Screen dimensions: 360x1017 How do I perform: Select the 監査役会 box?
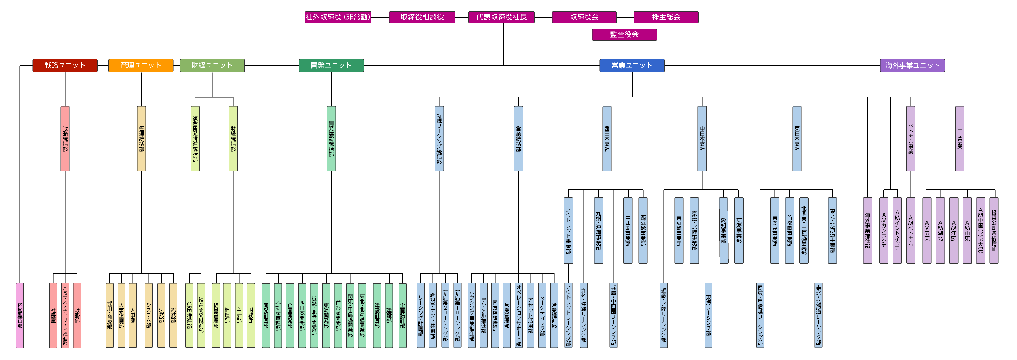click(624, 34)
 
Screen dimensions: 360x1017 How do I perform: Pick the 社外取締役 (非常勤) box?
click(338, 17)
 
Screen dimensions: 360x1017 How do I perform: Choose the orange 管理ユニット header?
click(141, 65)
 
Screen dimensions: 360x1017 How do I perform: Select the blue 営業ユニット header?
click(632, 65)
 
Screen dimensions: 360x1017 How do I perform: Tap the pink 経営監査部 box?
click(20, 315)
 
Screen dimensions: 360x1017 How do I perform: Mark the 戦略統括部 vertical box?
click(65, 139)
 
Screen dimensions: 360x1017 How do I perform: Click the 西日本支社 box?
click(607, 139)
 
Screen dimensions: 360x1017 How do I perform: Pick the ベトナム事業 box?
click(910, 139)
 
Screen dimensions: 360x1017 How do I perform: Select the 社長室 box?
click(53, 315)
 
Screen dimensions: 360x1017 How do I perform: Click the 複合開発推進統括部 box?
click(195, 139)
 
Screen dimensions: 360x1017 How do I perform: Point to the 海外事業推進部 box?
click(867, 230)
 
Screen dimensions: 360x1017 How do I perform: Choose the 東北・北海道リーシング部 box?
click(818, 315)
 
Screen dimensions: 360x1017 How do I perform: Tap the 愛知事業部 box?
click(723, 230)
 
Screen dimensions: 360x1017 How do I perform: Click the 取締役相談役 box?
click(422, 17)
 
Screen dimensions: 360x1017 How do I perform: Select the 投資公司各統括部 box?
click(994, 230)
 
